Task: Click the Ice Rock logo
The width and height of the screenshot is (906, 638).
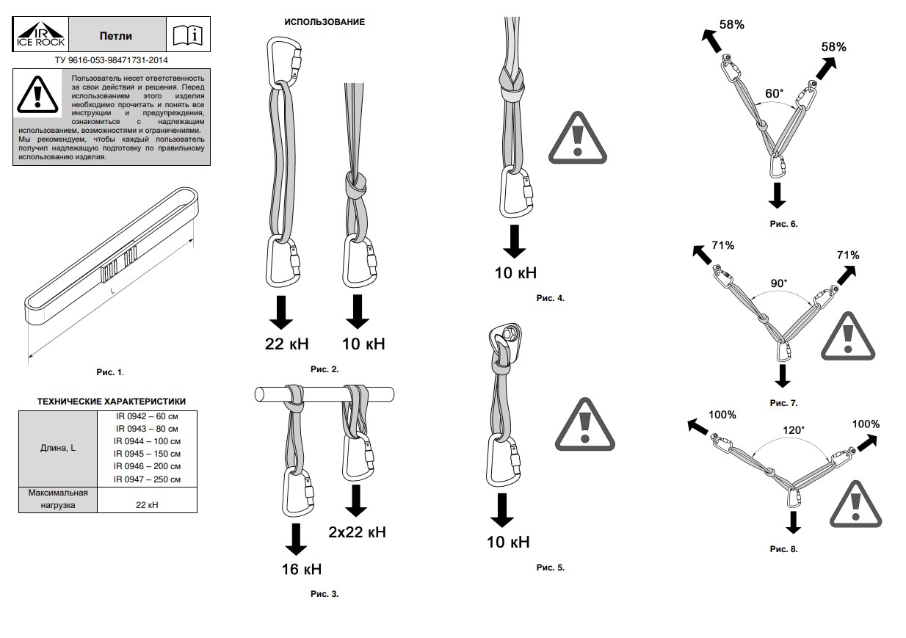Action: [x=41, y=35]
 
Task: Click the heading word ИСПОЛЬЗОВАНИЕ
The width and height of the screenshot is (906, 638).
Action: [x=324, y=22]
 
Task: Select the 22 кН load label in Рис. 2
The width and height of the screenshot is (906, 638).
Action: [x=287, y=343]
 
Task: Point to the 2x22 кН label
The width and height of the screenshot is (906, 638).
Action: [x=357, y=532]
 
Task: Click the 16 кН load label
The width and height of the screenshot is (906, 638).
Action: [x=301, y=569]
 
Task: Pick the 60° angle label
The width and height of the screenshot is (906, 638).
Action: [x=774, y=94]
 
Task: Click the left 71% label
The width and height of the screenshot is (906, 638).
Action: [x=722, y=245]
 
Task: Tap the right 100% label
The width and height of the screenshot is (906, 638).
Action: [x=866, y=424]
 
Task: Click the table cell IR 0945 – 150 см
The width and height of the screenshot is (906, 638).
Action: [x=147, y=453]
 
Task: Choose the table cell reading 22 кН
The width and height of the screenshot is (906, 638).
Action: [x=147, y=504]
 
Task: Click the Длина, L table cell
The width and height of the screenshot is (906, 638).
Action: [x=58, y=447]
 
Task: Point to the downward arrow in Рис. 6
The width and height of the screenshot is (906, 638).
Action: [x=778, y=196]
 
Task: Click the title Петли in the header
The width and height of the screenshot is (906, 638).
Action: [x=116, y=35]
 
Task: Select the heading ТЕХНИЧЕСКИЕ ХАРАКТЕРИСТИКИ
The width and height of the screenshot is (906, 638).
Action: [x=112, y=401]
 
